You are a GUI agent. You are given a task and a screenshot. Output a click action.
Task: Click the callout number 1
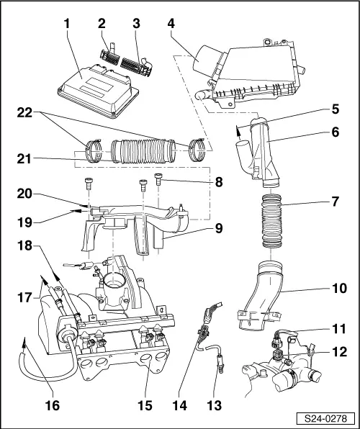coord(66,22)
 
